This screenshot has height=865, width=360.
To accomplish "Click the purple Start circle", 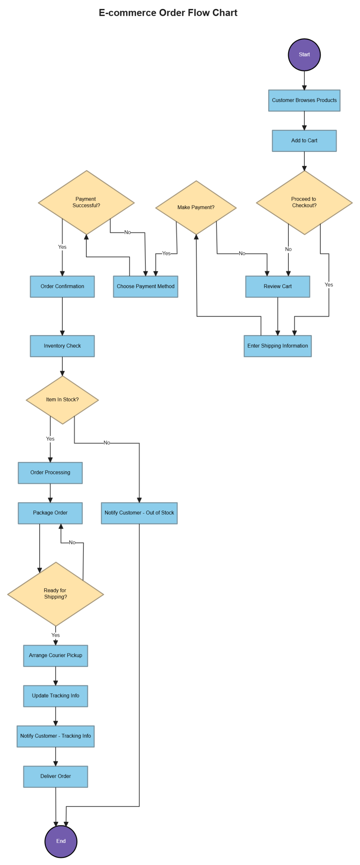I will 304,54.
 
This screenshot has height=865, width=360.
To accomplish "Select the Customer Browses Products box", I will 304,100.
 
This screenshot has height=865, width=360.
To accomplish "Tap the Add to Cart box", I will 304,140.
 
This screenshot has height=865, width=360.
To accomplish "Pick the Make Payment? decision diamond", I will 196,207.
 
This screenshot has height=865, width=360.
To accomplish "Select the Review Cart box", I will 277,286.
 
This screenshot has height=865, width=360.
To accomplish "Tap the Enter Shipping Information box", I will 277,346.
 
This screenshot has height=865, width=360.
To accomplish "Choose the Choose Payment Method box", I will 145,286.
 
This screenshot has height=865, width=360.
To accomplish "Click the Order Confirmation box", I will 62,286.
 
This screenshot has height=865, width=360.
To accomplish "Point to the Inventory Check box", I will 62,346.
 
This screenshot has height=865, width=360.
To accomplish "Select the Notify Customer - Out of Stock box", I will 139,512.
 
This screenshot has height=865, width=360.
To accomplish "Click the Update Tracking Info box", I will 55,695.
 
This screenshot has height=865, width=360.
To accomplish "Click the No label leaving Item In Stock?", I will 107,443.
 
